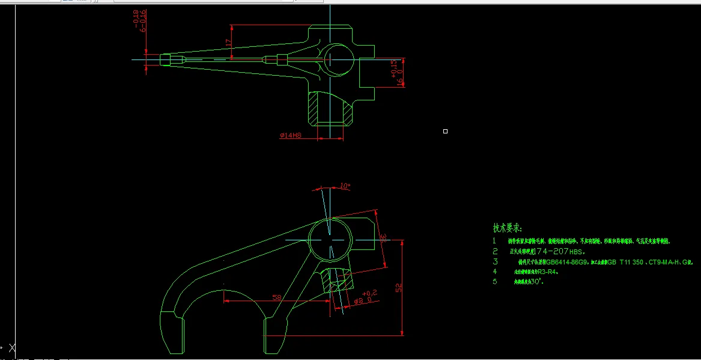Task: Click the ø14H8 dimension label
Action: click(x=290, y=136)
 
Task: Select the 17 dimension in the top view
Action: click(x=228, y=43)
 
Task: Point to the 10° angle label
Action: click(x=345, y=186)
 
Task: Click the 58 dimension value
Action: click(x=277, y=297)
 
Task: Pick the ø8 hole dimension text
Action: click(x=363, y=301)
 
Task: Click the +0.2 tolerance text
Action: click(x=369, y=293)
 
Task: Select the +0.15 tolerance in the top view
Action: click(x=393, y=69)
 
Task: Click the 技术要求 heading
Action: click(x=508, y=228)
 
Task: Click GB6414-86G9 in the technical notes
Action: click(x=567, y=262)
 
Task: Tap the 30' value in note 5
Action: click(x=538, y=281)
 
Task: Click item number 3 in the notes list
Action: click(x=496, y=262)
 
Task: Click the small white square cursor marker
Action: click(x=445, y=131)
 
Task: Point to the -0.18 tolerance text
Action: click(x=136, y=17)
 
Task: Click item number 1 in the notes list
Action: click(x=495, y=240)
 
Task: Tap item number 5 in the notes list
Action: click(x=496, y=281)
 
